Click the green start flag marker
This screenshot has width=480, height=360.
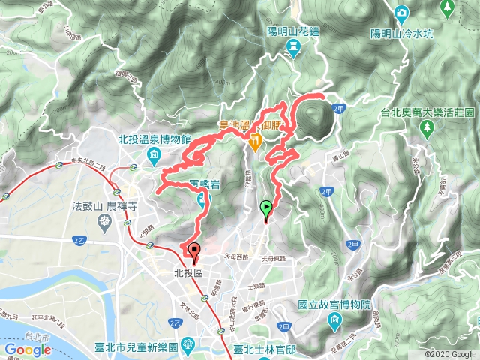265,209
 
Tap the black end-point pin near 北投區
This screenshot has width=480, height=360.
195,252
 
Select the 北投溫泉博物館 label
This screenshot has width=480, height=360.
155,139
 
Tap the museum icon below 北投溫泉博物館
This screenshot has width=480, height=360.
154,156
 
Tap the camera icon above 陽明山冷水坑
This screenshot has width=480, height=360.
400,13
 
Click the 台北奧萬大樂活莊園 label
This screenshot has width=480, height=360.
427,112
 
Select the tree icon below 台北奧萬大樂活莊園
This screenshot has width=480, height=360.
427,127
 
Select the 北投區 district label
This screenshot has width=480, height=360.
187,273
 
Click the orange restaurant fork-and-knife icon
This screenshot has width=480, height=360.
256,141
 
